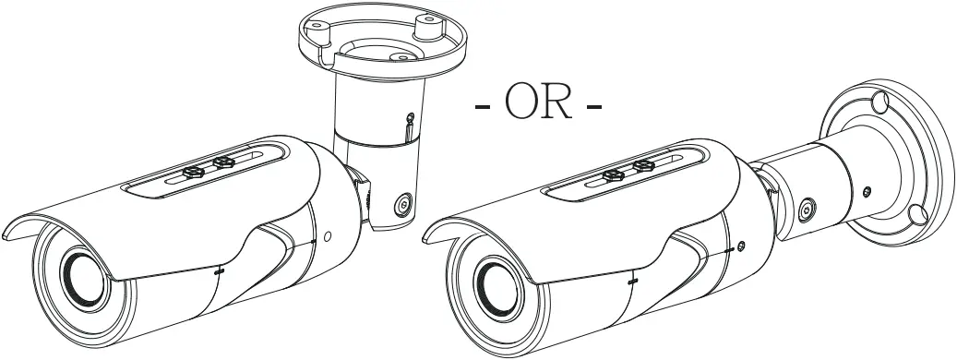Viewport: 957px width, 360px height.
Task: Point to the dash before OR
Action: tap(483, 107)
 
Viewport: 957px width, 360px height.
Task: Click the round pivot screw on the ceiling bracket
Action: tap(401, 205)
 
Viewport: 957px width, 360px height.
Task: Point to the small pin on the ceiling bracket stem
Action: tap(408, 119)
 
